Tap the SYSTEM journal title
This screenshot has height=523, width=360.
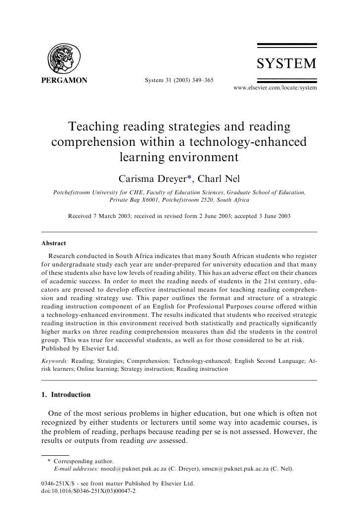pyautogui.click(x=286, y=64)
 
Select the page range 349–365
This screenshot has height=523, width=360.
pyautogui.click(x=199, y=80)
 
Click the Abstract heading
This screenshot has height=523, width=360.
pyautogui.click(x=53, y=244)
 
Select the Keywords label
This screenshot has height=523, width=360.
pyautogui.click(x=55, y=361)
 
